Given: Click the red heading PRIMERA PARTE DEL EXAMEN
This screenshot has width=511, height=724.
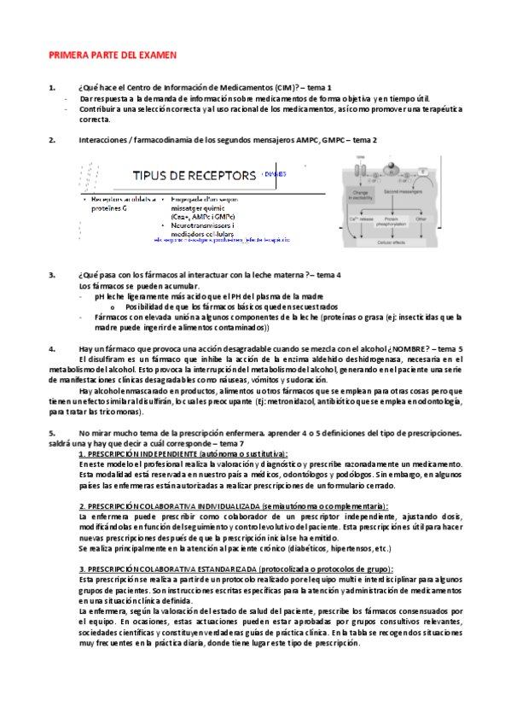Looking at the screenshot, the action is (x=112, y=55).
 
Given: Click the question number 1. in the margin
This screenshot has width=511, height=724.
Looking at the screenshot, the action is (x=52, y=88).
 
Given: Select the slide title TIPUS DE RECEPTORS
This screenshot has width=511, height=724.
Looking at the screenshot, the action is (x=194, y=176).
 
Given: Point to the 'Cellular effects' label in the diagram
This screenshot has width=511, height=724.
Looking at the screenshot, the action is (x=392, y=242).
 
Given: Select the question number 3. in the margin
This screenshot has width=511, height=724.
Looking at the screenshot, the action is (x=52, y=275).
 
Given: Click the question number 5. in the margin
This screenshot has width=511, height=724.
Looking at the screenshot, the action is (x=52, y=433).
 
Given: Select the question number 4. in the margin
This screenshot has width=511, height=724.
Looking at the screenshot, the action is (x=52, y=348).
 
